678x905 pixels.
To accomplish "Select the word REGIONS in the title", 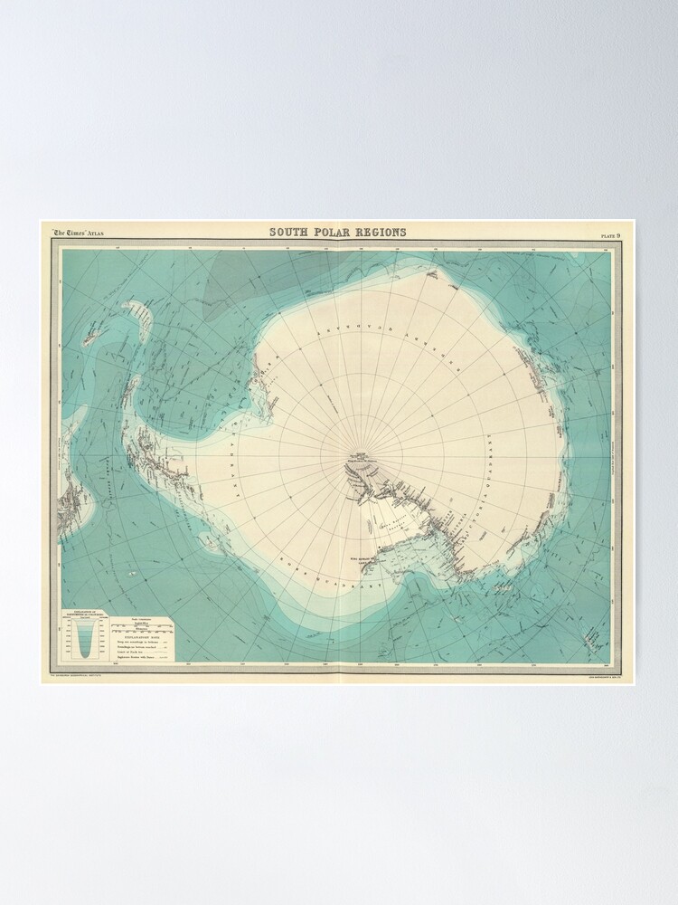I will [383, 233].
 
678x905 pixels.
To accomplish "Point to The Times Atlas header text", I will [79, 233].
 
